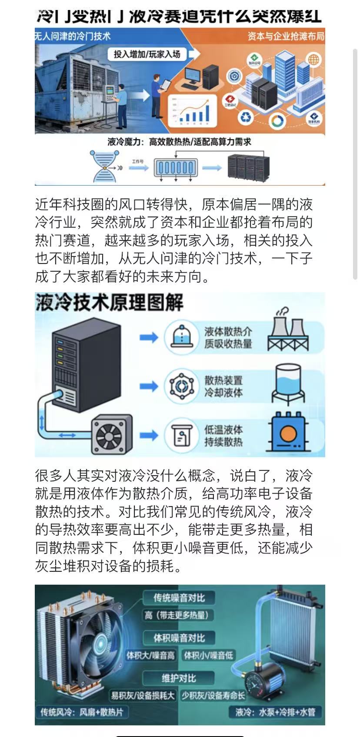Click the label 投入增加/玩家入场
click(x=147, y=54)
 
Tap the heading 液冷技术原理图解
click(x=109, y=303)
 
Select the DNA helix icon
click(x=104, y=166)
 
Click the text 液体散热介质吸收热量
click(x=228, y=337)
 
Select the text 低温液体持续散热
click(x=223, y=436)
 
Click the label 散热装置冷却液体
click(x=223, y=386)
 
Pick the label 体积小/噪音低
click(x=208, y=655)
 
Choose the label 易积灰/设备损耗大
click(x=142, y=696)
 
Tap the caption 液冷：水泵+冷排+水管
click(x=275, y=712)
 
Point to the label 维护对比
click(x=179, y=678)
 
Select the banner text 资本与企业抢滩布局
click(x=286, y=37)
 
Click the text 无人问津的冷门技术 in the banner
click(x=73, y=37)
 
